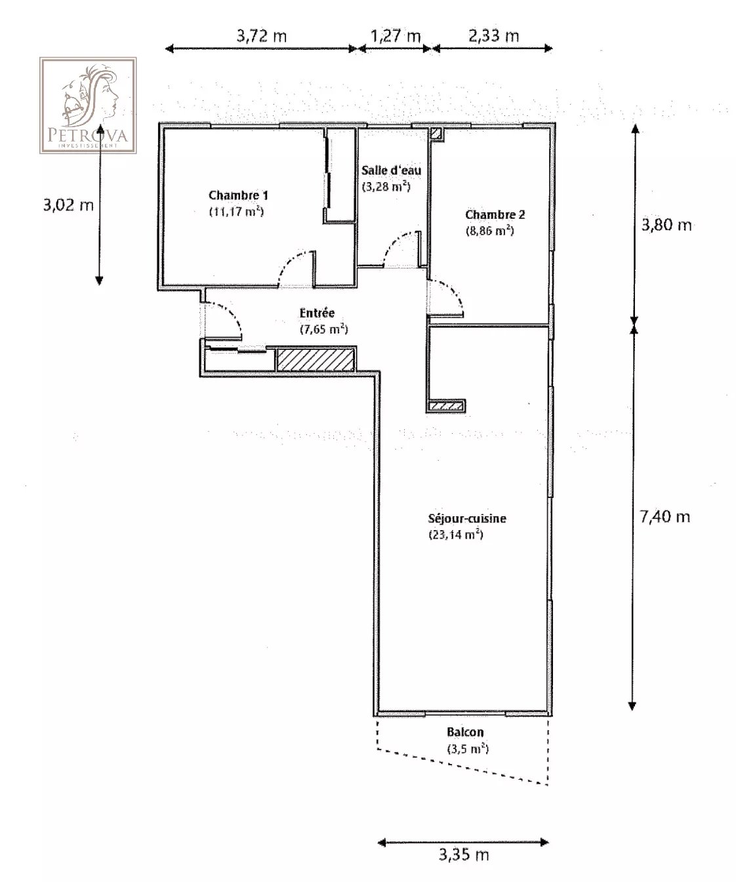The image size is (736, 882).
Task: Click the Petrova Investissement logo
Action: click(88, 105)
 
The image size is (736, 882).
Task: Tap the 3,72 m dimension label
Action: click(262, 35)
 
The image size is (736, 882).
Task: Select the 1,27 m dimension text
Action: click(396, 35)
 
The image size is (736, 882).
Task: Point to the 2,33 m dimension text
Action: click(494, 35)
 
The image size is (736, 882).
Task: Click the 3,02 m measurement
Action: click(68, 205)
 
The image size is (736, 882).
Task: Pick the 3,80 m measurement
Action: click(666, 225)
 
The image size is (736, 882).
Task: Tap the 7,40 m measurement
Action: click(665, 516)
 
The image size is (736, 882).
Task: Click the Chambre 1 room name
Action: click(238, 195)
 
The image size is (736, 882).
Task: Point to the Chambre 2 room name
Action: click(495, 214)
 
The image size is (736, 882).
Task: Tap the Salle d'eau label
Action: click(391, 170)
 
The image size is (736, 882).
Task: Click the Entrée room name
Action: click(317, 313)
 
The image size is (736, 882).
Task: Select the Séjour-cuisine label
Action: click(467, 518)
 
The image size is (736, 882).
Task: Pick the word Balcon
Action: click(465, 732)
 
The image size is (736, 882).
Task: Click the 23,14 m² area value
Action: click(456, 535)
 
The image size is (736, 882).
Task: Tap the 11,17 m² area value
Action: click(236, 211)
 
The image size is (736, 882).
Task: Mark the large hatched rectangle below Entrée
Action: click(316, 360)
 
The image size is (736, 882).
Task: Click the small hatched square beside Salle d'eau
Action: click(436, 134)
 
